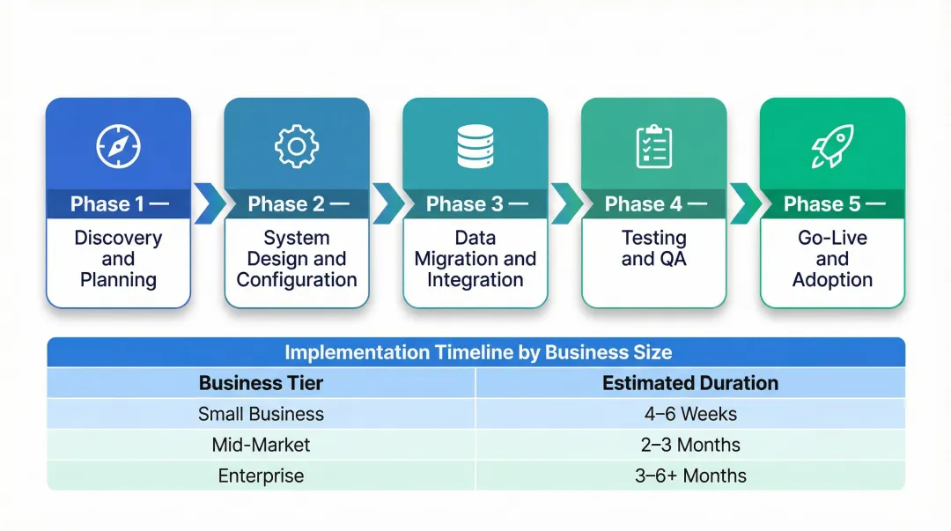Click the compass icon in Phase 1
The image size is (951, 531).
[x=118, y=146]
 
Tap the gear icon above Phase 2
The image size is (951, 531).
[x=297, y=146]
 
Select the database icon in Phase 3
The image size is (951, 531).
[x=475, y=146]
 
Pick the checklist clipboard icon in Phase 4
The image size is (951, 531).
[x=654, y=146]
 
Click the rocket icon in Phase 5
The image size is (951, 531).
[x=832, y=146]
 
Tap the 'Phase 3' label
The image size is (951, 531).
[x=464, y=204]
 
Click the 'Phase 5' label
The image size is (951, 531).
[x=822, y=204]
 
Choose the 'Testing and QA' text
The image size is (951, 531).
[x=654, y=248]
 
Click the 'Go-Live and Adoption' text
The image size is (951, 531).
[x=832, y=259]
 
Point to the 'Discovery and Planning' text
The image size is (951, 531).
[x=118, y=259]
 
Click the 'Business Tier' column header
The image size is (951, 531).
[x=261, y=383]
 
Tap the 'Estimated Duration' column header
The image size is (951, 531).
[x=690, y=383]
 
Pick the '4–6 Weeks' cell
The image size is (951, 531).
[x=690, y=414]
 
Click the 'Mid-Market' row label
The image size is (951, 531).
[x=261, y=445]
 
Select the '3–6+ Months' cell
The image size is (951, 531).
[x=690, y=476]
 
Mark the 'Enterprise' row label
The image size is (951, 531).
[x=261, y=476]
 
